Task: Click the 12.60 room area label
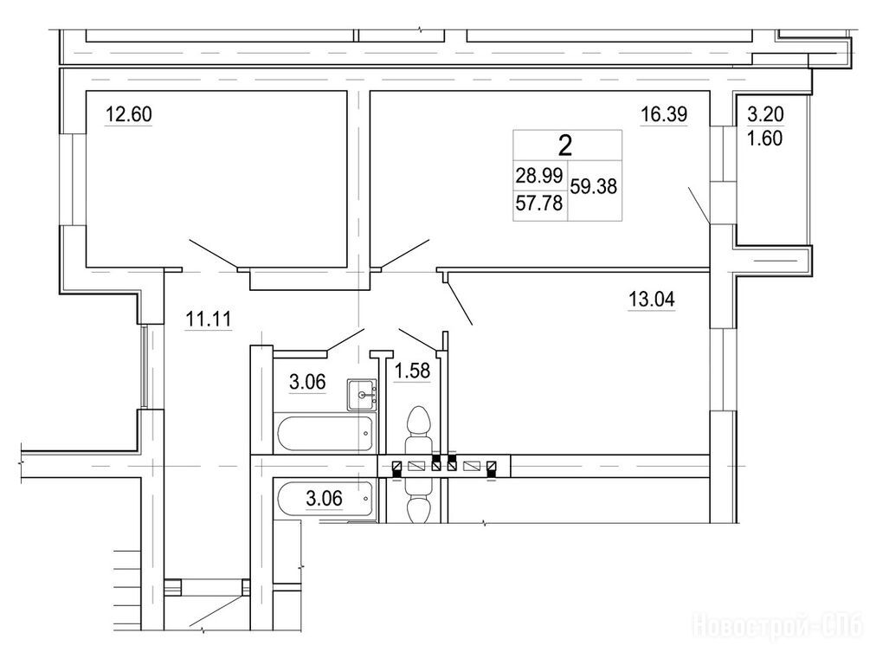pos(129,114)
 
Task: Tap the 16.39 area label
pos(664,114)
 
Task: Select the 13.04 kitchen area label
pos(652,299)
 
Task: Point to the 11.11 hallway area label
pos(208,320)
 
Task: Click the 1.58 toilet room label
pos(413,371)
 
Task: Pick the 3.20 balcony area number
pos(766,114)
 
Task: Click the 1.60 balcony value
pos(765,138)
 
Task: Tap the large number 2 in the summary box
pos(565,146)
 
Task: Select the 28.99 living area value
pos(539,176)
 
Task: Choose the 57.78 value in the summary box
pos(539,203)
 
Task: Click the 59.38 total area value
pos(593,186)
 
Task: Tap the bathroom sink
pos(362,395)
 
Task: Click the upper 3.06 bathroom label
pos(307,382)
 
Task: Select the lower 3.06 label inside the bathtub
pos(325,498)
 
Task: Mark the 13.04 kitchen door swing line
pos(460,303)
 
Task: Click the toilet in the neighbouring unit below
pos(419,500)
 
